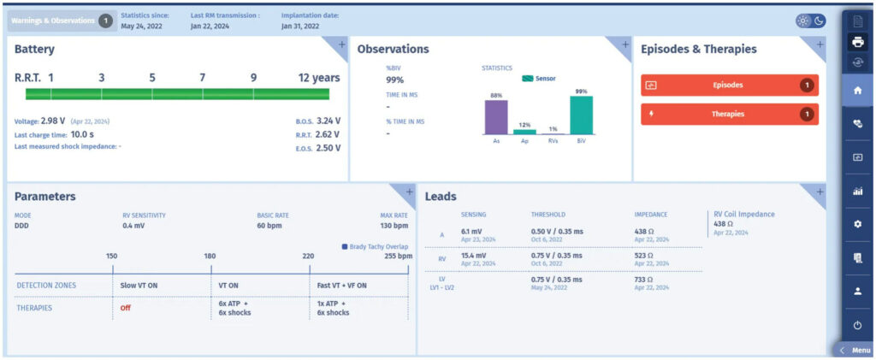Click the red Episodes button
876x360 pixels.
pos(729,86)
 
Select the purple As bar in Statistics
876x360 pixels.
pos(496,117)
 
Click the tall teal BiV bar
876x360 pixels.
pos(581,115)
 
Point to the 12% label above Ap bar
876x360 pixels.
pos(524,125)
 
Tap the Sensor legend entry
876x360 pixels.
pos(539,80)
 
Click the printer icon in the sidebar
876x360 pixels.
pos(857,41)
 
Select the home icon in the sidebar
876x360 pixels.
pos(857,91)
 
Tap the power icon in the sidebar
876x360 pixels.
pos(857,325)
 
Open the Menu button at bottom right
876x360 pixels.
pos(855,351)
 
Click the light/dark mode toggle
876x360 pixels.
pos(811,21)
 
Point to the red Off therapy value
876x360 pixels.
pos(125,308)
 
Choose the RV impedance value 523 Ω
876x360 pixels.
pos(643,256)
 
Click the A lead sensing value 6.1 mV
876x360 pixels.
pos(473,231)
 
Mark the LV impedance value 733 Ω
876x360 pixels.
pos(643,280)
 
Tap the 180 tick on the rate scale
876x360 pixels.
pos(210,257)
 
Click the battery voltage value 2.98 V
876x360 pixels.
pos(53,121)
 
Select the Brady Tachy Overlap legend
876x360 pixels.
pos(375,246)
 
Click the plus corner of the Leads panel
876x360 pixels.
pos(820,192)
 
